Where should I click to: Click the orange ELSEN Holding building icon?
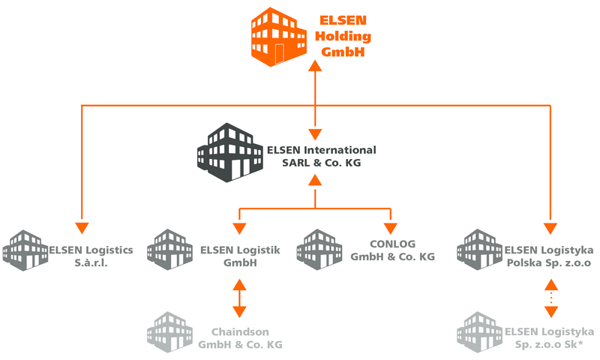click(x=278, y=37)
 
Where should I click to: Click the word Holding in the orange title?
click(x=343, y=36)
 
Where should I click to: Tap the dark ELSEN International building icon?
click(x=230, y=152)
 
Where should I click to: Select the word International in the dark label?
click(x=340, y=150)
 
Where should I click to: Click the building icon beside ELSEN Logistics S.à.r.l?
click(x=25, y=250)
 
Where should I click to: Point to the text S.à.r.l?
click(x=91, y=262)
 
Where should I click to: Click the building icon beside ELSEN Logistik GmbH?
click(x=170, y=250)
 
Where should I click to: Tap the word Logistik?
click(x=257, y=250)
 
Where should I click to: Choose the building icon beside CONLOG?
click(x=319, y=250)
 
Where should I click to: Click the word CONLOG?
click(x=392, y=244)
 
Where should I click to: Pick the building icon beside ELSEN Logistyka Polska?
click(x=479, y=250)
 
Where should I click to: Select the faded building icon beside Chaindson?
click(x=170, y=332)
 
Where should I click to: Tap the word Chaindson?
click(x=240, y=331)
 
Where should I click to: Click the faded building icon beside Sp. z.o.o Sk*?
click(x=479, y=332)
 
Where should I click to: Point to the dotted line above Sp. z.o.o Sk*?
click(x=551, y=298)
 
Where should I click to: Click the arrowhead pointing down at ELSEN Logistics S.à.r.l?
click(x=82, y=228)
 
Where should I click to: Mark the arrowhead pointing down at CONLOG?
click(x=391, y=229)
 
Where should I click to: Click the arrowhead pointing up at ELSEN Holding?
click(x=315, y=65)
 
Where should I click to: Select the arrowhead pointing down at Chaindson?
click(x=239, y=312)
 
